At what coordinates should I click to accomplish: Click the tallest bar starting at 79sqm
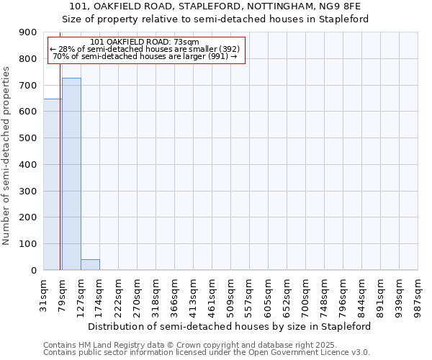coord(71,174)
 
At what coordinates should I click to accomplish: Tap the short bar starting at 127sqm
coord(90,264)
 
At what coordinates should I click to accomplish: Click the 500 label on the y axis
coord(28,138)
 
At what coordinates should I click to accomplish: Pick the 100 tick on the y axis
coord(28,244)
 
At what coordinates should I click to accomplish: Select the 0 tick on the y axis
coord(33,270)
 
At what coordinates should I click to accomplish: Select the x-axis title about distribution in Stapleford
coord(230,326)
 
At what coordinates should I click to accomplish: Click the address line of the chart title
coord(215,6)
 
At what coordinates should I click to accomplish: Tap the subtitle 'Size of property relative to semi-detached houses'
coord(215,19)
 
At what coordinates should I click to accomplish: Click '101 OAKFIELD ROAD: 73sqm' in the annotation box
coord(146,42)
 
